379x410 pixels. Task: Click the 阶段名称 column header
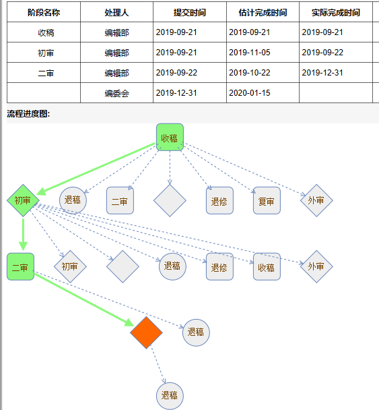[44, 12]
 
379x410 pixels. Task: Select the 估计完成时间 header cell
[263, 12]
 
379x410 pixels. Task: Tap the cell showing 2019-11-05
[263, 53]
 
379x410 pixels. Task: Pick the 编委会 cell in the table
[116, 93]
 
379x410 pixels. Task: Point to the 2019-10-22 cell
[263, 73]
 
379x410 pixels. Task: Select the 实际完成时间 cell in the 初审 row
[336, 53]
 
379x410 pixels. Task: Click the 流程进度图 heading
[28, 114]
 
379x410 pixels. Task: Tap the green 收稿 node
[170, 138]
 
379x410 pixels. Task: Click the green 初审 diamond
[23, 200]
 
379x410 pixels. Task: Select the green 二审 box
[20, 267]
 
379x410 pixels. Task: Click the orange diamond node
[146, 332]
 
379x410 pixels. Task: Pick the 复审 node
[267, 200]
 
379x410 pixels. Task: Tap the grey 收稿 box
[267, 267]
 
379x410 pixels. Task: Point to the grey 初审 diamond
[70, 267]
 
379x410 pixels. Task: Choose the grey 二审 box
[120, 200]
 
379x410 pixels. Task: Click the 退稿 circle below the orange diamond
[170, 396]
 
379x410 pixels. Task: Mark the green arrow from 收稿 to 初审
[96, 169]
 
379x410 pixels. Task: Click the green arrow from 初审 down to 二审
[23, 235]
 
